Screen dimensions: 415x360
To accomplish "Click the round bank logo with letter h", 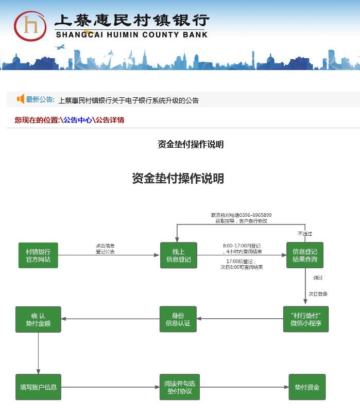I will click(x=30, y=26).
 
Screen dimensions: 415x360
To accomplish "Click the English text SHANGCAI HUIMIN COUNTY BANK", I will click(x=131, y=35).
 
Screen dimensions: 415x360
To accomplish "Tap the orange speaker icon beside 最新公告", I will click(x=21, y=99).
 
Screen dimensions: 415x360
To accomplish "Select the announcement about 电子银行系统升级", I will click(x=128, y=100).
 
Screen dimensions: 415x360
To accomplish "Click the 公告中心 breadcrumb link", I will click(x=78, y=120).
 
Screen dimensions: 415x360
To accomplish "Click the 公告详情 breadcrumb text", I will click(x=110, y=120).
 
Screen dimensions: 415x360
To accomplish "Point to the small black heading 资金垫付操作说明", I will click(x=191, y=144).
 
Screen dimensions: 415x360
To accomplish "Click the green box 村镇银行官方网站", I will click(x=38, y=255).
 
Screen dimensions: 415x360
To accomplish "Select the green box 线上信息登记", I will click(x=178, y=255).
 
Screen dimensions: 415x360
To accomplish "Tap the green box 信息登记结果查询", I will click(x=305, y=255).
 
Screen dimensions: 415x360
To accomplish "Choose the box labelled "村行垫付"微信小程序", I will click(x=306, y=319).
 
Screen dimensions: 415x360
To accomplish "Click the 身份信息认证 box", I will click(x=178, y=319).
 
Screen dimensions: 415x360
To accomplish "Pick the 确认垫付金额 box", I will click(x=38, y=319).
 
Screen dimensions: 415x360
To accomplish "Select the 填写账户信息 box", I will click(x=38, y=387).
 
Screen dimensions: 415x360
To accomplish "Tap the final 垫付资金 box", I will click(x=307, y=387).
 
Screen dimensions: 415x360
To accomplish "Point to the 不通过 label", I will click(x=304, y=233).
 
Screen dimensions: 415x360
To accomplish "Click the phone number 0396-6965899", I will click(x=255, y=215).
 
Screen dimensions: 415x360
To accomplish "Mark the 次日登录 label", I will click(x=318, y=294).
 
